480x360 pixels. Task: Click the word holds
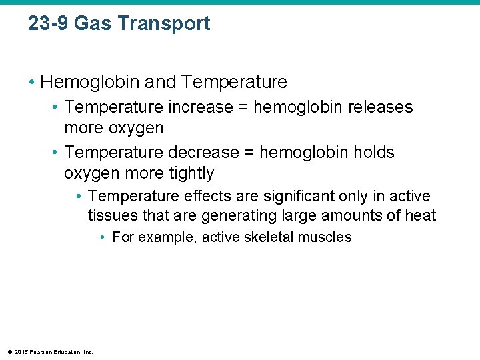click(x=375, y=153)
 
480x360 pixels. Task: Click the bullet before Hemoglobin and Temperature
click(x=31, y=83)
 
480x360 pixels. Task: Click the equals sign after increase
click(x=245, y=107)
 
